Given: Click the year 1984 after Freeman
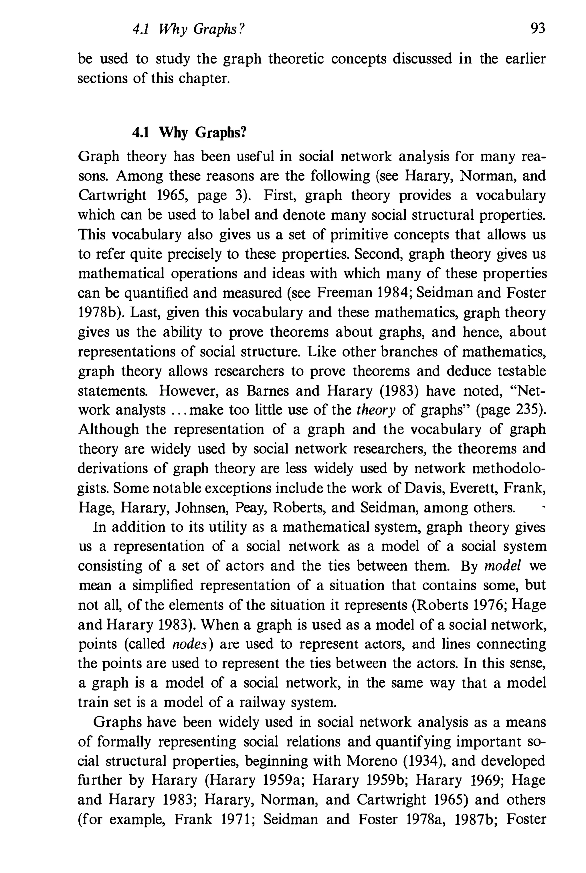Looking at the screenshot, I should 393,293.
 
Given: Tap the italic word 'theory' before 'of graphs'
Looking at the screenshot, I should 376,410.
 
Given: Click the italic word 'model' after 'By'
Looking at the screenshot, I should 502,566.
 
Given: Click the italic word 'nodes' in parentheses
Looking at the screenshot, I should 190,644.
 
